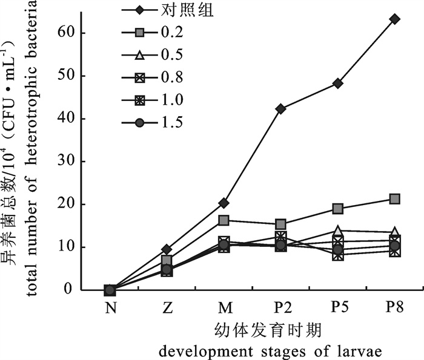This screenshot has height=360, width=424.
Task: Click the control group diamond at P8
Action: [395, 19]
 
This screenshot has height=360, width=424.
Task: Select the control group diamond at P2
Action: [280, 109]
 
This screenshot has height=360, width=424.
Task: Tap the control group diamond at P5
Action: [338, 83]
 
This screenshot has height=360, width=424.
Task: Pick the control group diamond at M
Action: [224, 203]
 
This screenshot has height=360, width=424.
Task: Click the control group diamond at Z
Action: [167, 249]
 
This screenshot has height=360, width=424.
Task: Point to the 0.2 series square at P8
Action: [395, 198]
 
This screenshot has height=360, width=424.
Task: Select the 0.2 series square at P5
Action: [338, 209]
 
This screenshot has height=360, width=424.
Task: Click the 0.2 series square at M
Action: [224, 220]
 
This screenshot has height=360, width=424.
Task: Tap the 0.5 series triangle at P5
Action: [338, 231]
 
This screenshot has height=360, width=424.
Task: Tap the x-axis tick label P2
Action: [280, 308]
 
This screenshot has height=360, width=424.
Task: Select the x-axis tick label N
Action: [110, 308]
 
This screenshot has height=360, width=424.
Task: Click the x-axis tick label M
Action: [224, 308]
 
